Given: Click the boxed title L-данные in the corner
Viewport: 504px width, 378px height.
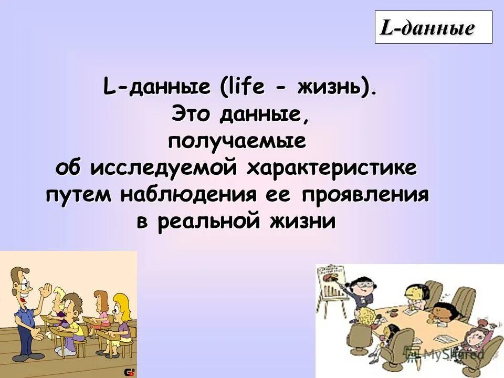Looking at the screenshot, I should [x=433, y=27].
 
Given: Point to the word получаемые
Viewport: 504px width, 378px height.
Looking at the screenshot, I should [x=237, y=142].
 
